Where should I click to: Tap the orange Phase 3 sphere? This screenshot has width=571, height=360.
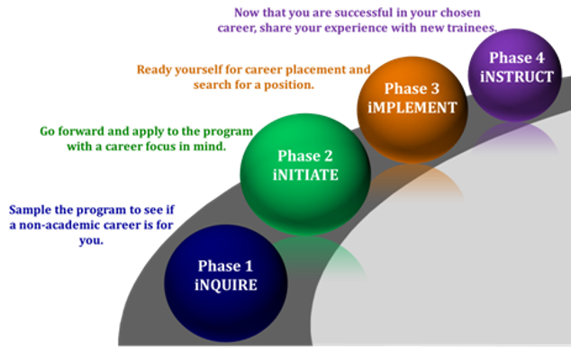coord(412,99)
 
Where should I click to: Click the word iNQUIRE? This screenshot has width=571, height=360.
coord(225,285)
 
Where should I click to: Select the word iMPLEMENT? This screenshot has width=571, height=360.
coord(412,108)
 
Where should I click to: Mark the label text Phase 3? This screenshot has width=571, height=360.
coord(412,89)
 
